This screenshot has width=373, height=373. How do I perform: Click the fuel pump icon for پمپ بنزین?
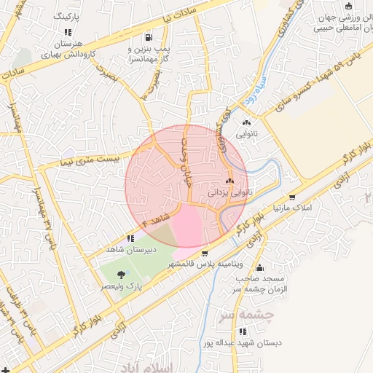(149, 38)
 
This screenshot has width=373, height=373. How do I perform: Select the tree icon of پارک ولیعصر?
(120, 275)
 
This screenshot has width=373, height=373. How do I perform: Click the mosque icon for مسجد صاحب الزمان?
(259, 267)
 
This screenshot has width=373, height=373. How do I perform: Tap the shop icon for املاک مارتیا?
(292, 197)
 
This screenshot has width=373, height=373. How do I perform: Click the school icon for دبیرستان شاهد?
(130, 238)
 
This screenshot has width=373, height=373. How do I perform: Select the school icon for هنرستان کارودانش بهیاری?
(68, 33)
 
